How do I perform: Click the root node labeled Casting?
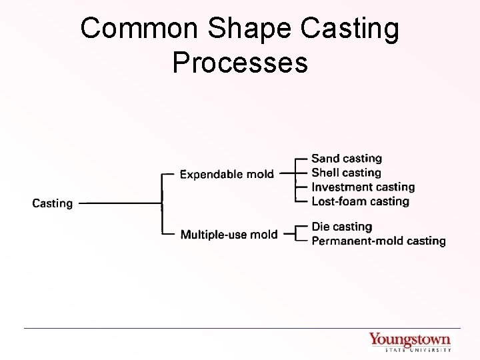(53, 203)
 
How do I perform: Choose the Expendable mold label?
(227, 175)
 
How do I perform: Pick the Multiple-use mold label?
(229, 234)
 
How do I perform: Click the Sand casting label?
(347, 159)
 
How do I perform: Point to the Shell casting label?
(346, 173)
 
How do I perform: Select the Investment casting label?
(363, 187)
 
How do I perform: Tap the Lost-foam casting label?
(360, 201)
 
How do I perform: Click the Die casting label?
(341, 227)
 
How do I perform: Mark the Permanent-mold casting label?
(378, 241)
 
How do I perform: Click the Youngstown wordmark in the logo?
(409, 339)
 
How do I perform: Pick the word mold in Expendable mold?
(259, 175)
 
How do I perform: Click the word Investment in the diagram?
(339, 187)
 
